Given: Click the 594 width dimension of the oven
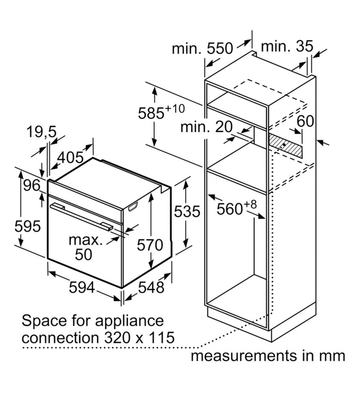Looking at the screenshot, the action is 81,288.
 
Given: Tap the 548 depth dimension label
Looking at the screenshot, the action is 151,288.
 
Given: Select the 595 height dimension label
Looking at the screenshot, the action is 27,226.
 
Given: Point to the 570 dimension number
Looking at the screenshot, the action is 150,245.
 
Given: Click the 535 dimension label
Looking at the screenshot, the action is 187,211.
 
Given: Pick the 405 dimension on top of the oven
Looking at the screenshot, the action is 70,157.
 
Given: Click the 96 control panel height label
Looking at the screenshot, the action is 32,185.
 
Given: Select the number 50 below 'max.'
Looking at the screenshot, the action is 83,254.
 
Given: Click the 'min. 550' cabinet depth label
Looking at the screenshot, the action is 202,48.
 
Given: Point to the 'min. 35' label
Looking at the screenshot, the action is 287,46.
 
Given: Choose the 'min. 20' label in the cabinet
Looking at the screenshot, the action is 206,127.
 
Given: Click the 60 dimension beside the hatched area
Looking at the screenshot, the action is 305,121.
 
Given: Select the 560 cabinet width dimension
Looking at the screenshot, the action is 236,208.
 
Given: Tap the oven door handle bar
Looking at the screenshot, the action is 81,217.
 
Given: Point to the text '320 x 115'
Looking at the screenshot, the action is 139,337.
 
